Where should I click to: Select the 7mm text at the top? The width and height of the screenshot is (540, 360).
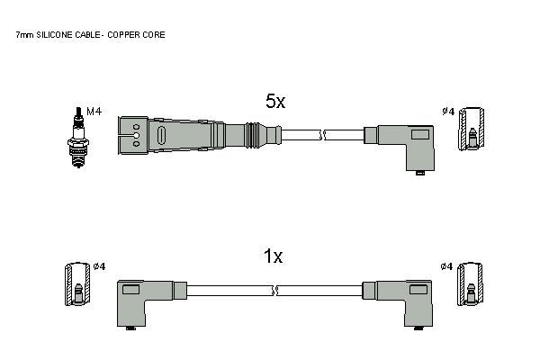pyautogui.click(x=25, y=35)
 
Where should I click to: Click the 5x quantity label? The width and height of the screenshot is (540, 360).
pyautogui.click(x=275, y=102)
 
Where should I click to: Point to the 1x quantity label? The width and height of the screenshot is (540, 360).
pyautogui.click(x=273, y=256)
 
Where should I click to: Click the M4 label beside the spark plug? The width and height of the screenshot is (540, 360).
pyautogui.click(x=94, y=112)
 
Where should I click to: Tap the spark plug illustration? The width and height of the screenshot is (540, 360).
pyautogui.click(x=78, y=137)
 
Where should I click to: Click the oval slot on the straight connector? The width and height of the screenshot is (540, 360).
pyautogui.click(x=161, y=135)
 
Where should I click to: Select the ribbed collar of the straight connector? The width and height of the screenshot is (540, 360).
pyautogui.click(x=252, y=134)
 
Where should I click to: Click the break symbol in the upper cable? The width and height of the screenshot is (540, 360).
pyautogui.click(x=323, y=135)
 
